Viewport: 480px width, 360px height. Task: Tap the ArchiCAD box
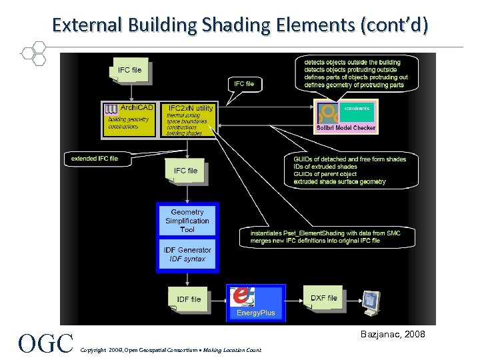point(130,120)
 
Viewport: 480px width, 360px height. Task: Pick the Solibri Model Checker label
point(346,127)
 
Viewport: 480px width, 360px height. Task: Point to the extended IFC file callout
point(95,159)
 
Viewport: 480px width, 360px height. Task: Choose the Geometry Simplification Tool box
point(187,221)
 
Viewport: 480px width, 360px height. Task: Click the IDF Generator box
point(187,254)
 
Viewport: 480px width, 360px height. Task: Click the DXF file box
point(324,298)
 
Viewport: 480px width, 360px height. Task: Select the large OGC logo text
point(46,343)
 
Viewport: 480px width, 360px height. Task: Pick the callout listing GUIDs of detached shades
point(349,170)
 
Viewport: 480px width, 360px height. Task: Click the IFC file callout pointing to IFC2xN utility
point(244,84)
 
